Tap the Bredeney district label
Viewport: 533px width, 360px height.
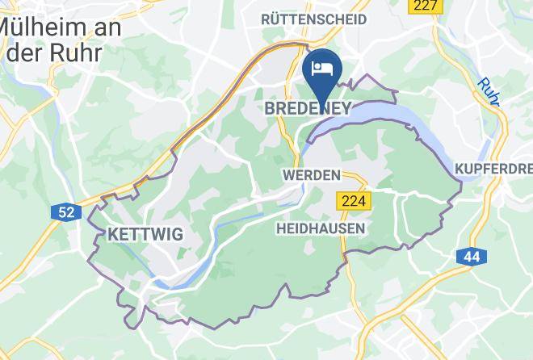(x=308, y=108)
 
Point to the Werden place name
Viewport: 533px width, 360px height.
(x=311, y=174)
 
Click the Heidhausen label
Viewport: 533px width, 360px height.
(x=320, y=228)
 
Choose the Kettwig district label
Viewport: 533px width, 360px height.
(x=145, y=235)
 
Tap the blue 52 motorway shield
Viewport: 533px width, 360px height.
(x=65, y=212)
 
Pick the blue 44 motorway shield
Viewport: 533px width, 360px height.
(x=471, y=257)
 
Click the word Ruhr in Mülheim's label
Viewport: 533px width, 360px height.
(x=77, y=53)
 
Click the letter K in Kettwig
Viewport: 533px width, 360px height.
(x=112, y=235)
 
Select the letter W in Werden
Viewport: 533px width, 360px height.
(x=288, y=174)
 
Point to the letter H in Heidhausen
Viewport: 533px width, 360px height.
(x=280, y=228)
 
